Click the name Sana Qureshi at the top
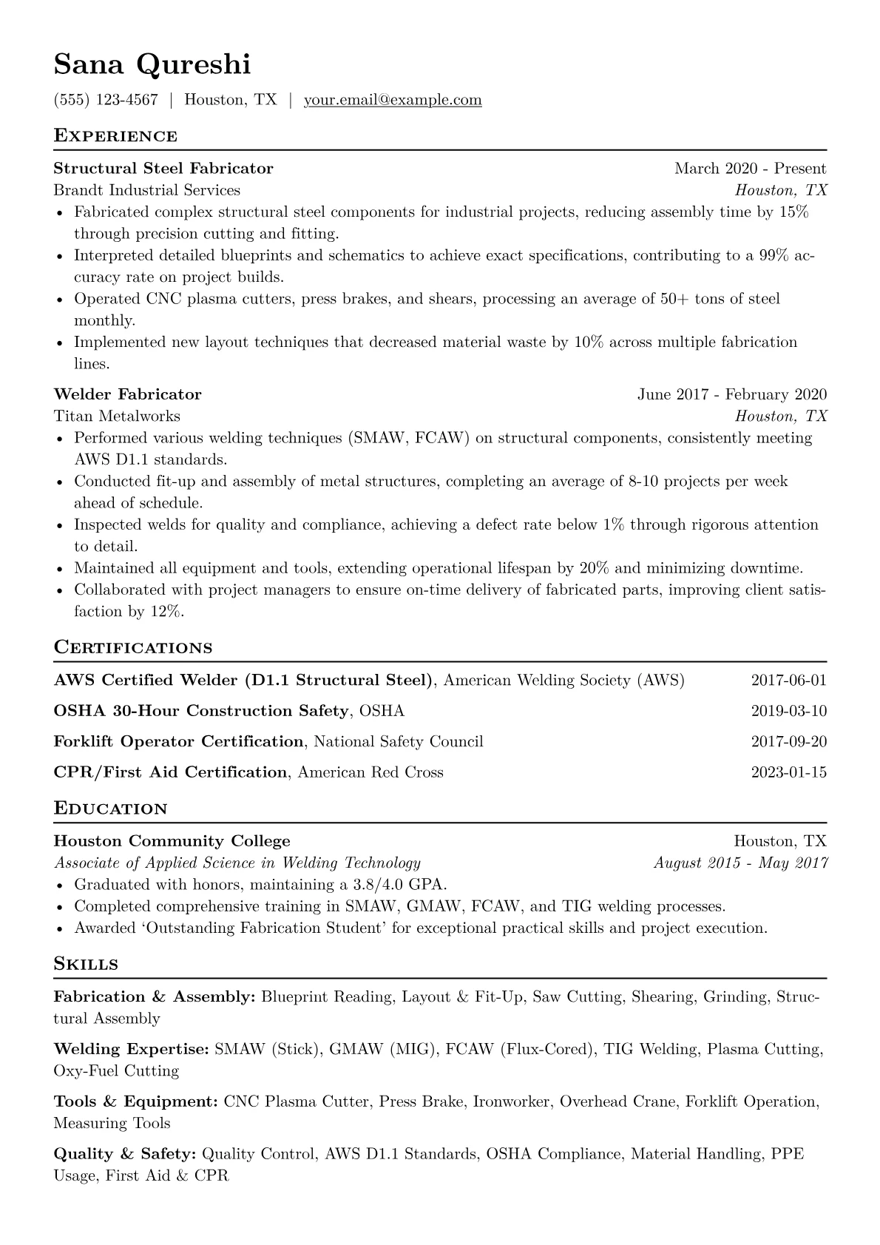pyautogui.click(x=152, y=64)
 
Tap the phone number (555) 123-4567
pyautogui.click(x=106, y=100)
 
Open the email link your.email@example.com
pyautogui.click(x=393, y=100)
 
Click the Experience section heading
pyautogui.click(x=115, y=136)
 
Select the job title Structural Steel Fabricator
pyautogui.click(x=163, y=169)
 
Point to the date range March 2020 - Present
pyautogui.click(x=750, y=169)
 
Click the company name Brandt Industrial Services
pyautogui.click(x=146, y=190)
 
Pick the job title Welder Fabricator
pyautogui.click(x=127, y=394)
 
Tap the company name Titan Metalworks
pyautogui.click(x=117, y=416)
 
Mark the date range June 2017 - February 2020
pyautogui.click(x=732, y=394)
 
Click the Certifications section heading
pyautogui.click(x=133, y=648)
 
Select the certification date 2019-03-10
pyautogui.click(x=788, y=712)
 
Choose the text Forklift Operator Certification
pyautogui.click(x=178, y=742)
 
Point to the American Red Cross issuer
pyautogui.click(x=370, y=773)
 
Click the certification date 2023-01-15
pyautogui.click(x=788, y=773)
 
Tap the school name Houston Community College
pyautogui.click(x=172, y=841)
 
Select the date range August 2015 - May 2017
pyautogui.click(x=740, y=863)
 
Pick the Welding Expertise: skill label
pyautogui.click(x=132, y=1050)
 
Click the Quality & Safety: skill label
pyautogui.click(x=125, y=1155)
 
